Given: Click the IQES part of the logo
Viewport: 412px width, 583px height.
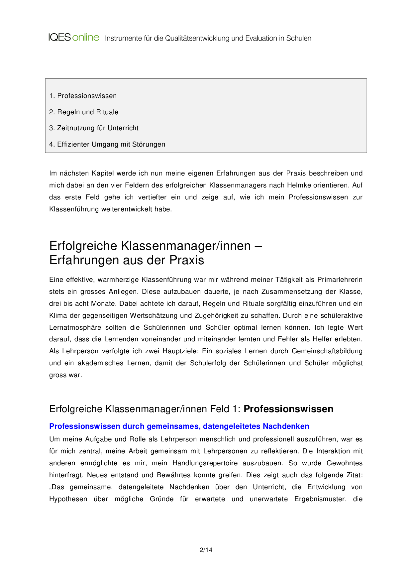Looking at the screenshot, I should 59,37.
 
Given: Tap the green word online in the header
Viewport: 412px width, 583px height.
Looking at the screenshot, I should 86,37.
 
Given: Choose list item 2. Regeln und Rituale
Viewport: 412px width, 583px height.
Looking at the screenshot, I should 84,112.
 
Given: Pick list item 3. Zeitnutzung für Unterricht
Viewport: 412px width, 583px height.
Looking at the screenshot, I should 94,128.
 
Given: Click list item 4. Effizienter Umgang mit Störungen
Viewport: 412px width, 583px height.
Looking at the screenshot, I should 107,144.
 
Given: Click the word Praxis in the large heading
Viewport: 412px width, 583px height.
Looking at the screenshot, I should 187,260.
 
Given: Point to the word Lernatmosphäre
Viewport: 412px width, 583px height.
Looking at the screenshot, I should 75,327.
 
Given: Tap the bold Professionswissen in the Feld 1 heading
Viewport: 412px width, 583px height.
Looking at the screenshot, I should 288,409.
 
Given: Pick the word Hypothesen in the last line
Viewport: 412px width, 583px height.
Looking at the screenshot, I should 68,499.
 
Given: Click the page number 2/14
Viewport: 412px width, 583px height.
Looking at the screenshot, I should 206,550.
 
